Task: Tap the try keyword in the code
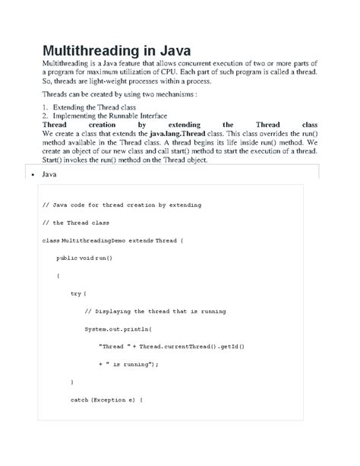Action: coord(75,293)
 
